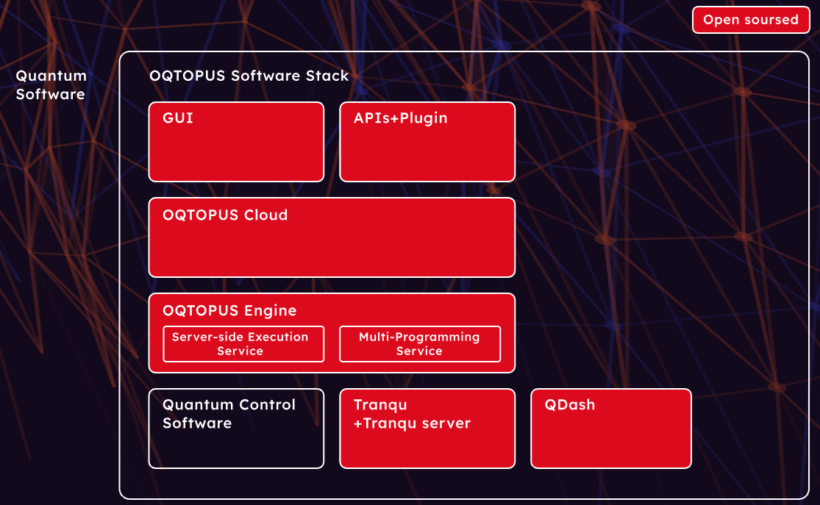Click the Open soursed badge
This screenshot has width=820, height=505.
coord(751,20)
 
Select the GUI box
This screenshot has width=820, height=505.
coord(236,142)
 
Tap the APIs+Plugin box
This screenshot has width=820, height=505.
coord(427,142)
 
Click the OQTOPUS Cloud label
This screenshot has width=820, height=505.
coord(225,215)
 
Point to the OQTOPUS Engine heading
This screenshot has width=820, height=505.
coord(229,310)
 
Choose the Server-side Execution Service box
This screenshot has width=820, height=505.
coord(243,344)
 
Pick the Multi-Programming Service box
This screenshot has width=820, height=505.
coord(420,344)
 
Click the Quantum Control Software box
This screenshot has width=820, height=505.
coord(236,429)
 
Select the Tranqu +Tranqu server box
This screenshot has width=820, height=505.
coord(427,429)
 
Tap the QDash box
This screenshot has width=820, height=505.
coord(611,429)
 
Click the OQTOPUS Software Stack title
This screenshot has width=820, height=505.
coord(249,76)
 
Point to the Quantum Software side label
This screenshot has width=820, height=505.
coord(51,85)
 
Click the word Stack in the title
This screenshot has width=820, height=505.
coord(327,76)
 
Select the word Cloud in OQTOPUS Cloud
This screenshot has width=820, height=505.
coord(266,215)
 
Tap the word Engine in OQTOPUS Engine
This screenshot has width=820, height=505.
coord(271,311)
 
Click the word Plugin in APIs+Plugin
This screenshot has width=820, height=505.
coord(424,118)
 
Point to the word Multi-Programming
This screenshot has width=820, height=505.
coord(419,337)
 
